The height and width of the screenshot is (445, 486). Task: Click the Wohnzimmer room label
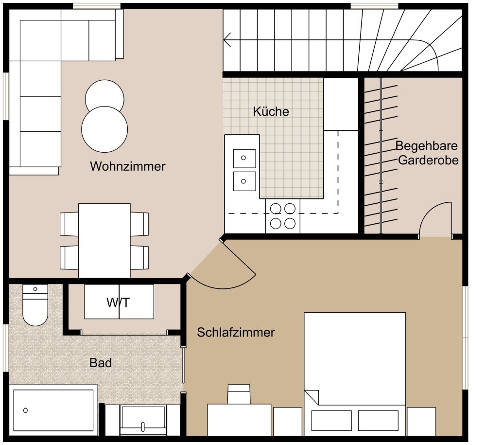(x=127, y=166)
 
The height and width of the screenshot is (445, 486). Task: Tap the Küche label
(x=271, y=111)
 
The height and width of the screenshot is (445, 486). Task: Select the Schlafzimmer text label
(x=236, y=333)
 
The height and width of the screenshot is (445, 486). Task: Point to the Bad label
(x=101, y=363)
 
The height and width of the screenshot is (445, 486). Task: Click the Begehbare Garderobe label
(x=427, y=153)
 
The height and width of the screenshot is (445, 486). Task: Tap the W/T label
(x=119, y=303)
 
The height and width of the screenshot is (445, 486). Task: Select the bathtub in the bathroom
(x=53, y=410)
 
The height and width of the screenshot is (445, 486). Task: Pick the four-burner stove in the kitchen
(x=283, y=216)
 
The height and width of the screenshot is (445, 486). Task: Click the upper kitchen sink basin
(x=245, y=158)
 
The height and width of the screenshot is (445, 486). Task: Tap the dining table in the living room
(x=104, y=240)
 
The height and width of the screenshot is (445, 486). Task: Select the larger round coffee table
(x=104, y=129)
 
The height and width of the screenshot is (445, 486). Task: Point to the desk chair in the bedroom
(x=239, y=394)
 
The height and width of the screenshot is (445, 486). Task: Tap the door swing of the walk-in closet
(x=435, y=219)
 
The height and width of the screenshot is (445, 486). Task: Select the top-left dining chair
(x=69, y=224)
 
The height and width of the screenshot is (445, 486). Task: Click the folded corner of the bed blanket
(x=312, y=397)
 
